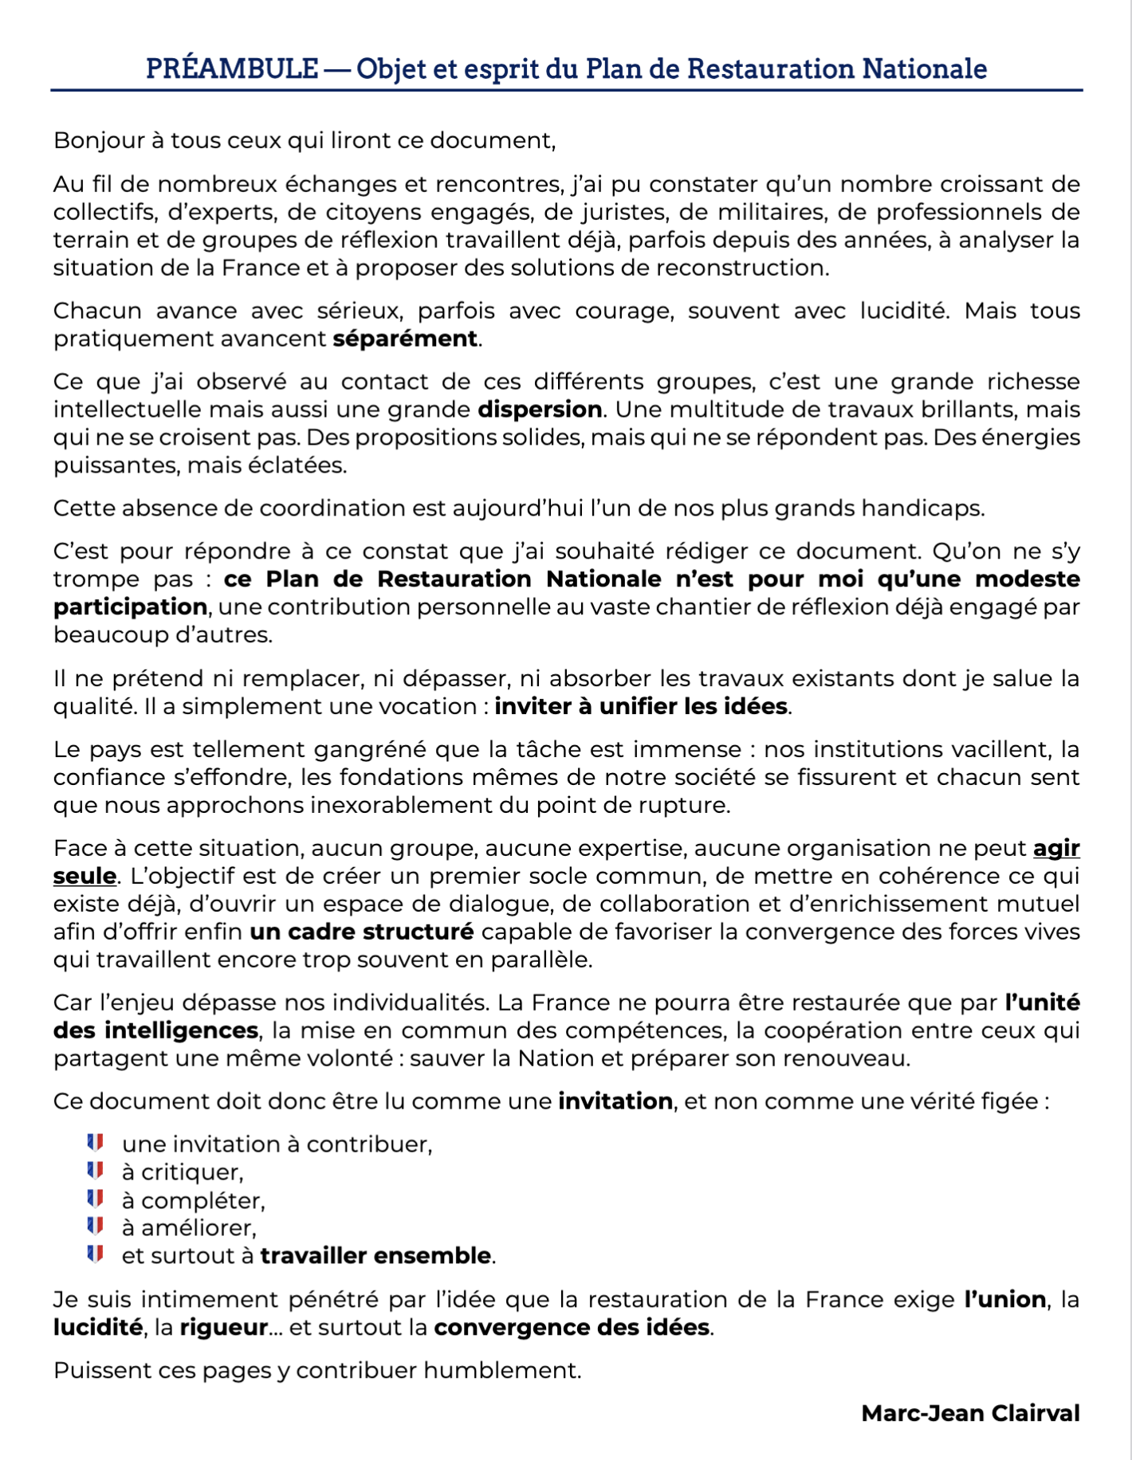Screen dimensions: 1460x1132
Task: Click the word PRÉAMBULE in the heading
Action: [232, 69]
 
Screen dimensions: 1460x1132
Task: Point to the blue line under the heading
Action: [566, 90]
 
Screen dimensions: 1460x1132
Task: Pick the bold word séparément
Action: [405, 339]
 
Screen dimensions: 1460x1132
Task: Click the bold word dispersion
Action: [540, 410]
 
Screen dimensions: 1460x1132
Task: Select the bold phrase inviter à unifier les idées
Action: [641, 706]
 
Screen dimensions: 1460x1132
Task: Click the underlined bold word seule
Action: [85, 877]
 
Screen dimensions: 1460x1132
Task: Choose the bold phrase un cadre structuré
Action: [361, 932]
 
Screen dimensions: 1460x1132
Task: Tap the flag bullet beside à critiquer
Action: [96, 1172]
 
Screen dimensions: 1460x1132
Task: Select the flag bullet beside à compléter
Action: [96, 1199]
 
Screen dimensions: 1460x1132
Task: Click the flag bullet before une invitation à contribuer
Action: [96, 1144]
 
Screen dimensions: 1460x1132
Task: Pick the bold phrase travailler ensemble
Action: [375, 1256]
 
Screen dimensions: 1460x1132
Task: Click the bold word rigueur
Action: [223, 1328]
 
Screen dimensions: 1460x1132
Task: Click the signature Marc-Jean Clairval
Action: [970, 1414]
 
